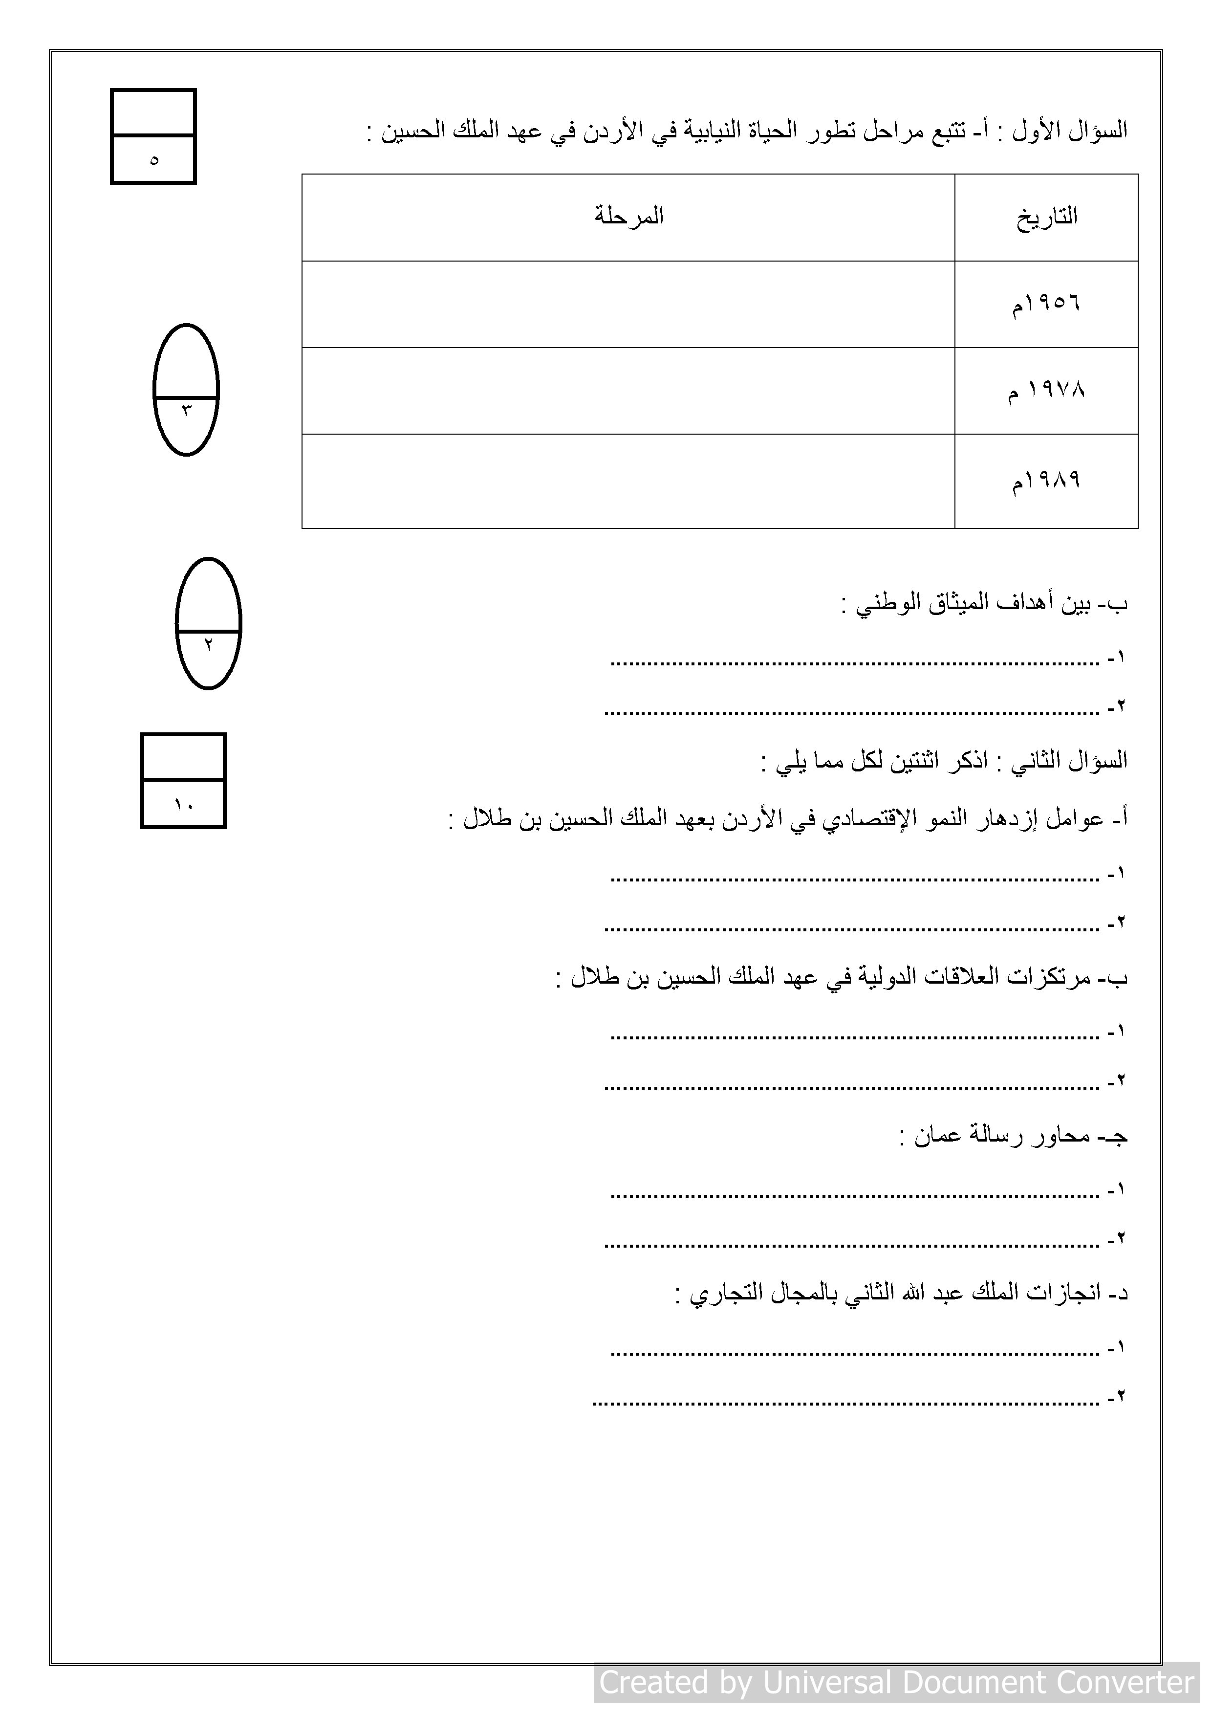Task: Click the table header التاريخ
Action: coord(1046,218)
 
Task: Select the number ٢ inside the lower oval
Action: coord(208,644)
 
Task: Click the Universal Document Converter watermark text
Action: coord(896,1682)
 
